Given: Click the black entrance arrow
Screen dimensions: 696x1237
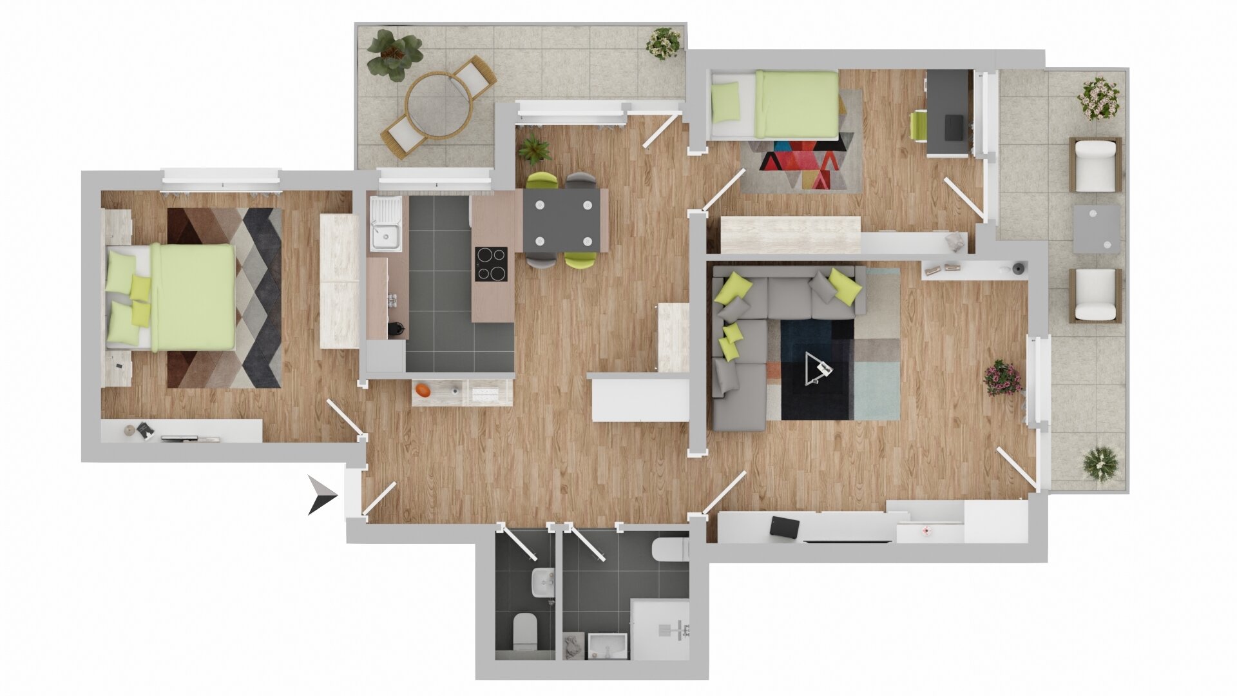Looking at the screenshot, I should (322, 495).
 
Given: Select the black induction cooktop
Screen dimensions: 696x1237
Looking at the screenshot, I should (491, 264).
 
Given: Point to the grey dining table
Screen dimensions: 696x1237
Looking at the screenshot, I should (562, 221).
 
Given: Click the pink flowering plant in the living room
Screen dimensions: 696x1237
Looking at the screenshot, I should (1002, 377).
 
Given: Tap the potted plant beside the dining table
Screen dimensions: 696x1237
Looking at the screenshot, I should (534, 150).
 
